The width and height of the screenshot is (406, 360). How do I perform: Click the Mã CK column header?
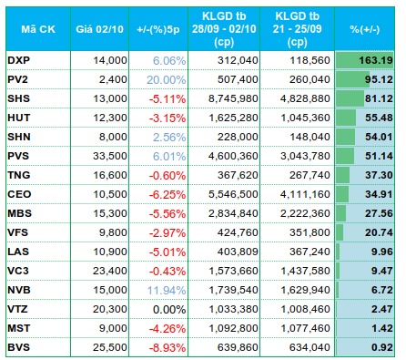[38, 29]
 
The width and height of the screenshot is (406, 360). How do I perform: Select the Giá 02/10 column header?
[99, 29]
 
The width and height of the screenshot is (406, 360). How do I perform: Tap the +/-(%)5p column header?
[158, 29]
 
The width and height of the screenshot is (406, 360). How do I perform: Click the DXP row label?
[19, 60]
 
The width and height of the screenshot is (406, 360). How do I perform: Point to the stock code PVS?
[18, 156]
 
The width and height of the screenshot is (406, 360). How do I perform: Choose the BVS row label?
[19, 347]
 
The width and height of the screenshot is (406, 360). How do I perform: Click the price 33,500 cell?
[110, 156]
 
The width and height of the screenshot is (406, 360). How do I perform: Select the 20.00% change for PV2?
[167, 79]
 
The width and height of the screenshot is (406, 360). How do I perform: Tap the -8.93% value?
[167, 347]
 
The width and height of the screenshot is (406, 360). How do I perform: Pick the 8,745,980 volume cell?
[233, 98]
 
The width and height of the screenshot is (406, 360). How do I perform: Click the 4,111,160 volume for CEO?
[305, 194]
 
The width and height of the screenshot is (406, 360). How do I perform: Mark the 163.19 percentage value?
[376, 60]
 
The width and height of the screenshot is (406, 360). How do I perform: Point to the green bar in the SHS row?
[350, 98]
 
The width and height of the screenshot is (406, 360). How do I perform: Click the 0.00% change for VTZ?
[169, 309]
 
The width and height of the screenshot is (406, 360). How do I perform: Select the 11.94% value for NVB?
[167, 290]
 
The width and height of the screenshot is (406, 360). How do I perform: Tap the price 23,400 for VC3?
[110, 271]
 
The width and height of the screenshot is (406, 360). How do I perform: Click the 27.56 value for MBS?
[379, 213]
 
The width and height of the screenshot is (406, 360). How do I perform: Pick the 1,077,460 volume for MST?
[305, 328]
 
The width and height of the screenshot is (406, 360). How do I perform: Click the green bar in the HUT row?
[346, 118]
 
